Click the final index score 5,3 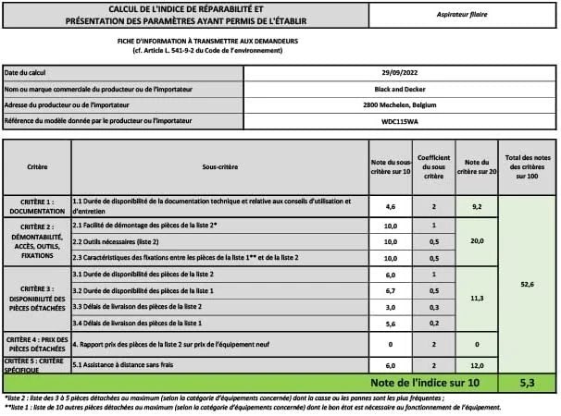pyautogui.click(x=526, y=382)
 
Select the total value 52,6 pyautogui.click(x=526, y=285)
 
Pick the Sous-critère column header pyautogui.click(x=218, y=166)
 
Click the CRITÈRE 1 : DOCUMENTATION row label pyautogui.click(x=37, y=206)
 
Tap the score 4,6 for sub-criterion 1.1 pyautogui.click(x=390, y=206)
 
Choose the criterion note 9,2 pyautogui.click(x=477, y=206)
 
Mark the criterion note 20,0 pyautogui.click(x=477, y=240)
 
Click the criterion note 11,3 pyautogui.click(x=477, y=298)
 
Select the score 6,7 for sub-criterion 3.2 pyautogui.click(x=390, y=290)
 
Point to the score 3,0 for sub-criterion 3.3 pyautogui.click(x=390, y=306)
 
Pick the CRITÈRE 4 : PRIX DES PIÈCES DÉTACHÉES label pyautogui.click(x=37, y=344)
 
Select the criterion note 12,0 pyautogui.click(x=477, y=364)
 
